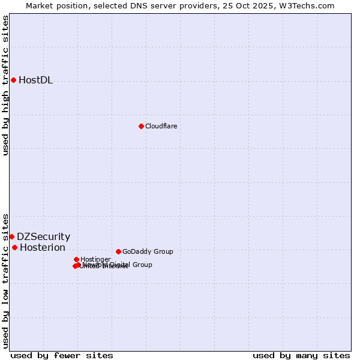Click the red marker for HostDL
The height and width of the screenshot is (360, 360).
[13, 80]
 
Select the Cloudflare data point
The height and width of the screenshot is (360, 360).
[141, 126]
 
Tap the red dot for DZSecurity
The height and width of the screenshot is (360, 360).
[11, 236]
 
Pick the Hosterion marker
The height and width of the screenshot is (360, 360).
[14, 247]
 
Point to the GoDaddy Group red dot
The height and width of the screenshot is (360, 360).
[118, 251]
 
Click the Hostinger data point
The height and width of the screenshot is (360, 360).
[76, 259]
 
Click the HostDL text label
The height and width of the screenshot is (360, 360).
[35, 80]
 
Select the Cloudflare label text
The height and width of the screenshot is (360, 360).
[161, 126]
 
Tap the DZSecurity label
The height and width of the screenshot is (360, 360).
[43, 236]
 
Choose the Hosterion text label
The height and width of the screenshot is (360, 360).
[42, 247]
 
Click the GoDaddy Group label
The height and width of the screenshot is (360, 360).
[148, 251]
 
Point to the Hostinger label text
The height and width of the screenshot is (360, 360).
[95, 259]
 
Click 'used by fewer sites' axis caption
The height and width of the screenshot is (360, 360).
[62, 355]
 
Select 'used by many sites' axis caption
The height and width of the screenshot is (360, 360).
[301, 355]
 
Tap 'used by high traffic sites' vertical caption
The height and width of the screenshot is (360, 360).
[6, 85]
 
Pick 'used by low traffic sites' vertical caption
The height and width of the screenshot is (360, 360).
[6, 280]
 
